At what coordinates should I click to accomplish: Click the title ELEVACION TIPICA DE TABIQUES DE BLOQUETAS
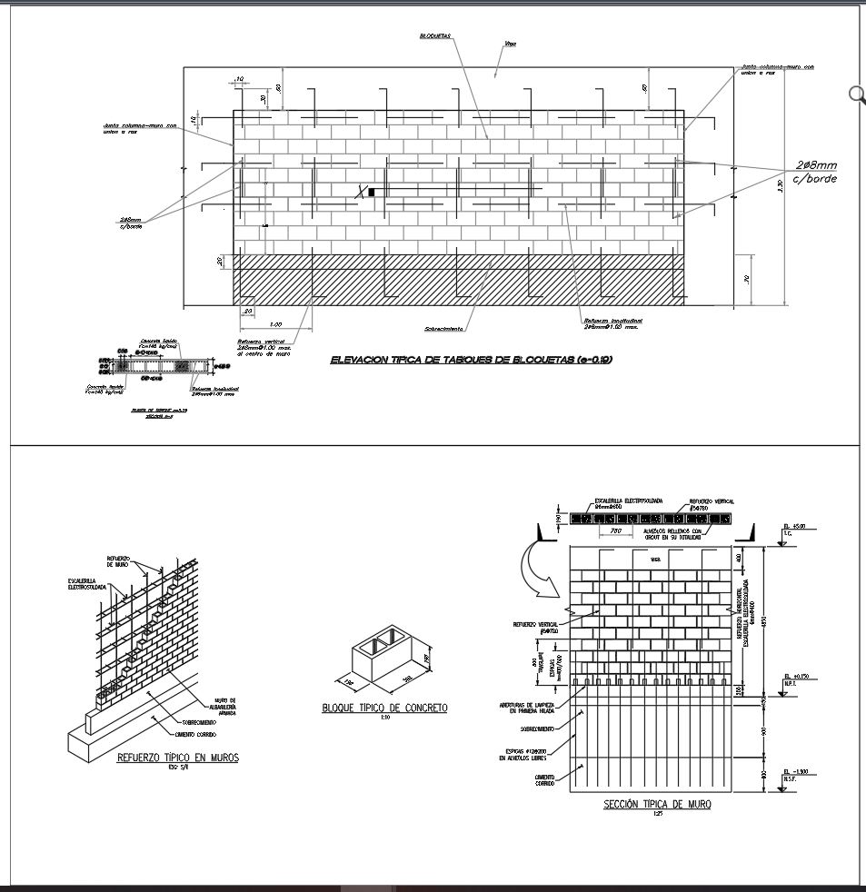471,361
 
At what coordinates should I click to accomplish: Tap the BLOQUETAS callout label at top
435,36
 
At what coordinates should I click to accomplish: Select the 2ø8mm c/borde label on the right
814,172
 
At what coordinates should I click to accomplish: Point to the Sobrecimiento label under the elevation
443,329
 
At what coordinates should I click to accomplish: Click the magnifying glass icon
856,94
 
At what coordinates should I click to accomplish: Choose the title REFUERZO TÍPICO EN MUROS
178,757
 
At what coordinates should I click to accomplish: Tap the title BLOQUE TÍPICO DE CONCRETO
384,708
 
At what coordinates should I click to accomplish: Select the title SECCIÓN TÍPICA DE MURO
657,804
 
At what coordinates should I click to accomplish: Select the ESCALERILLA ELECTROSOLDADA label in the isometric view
87,584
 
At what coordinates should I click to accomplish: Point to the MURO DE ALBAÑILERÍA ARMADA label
221,707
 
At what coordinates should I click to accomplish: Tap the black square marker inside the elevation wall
371,191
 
